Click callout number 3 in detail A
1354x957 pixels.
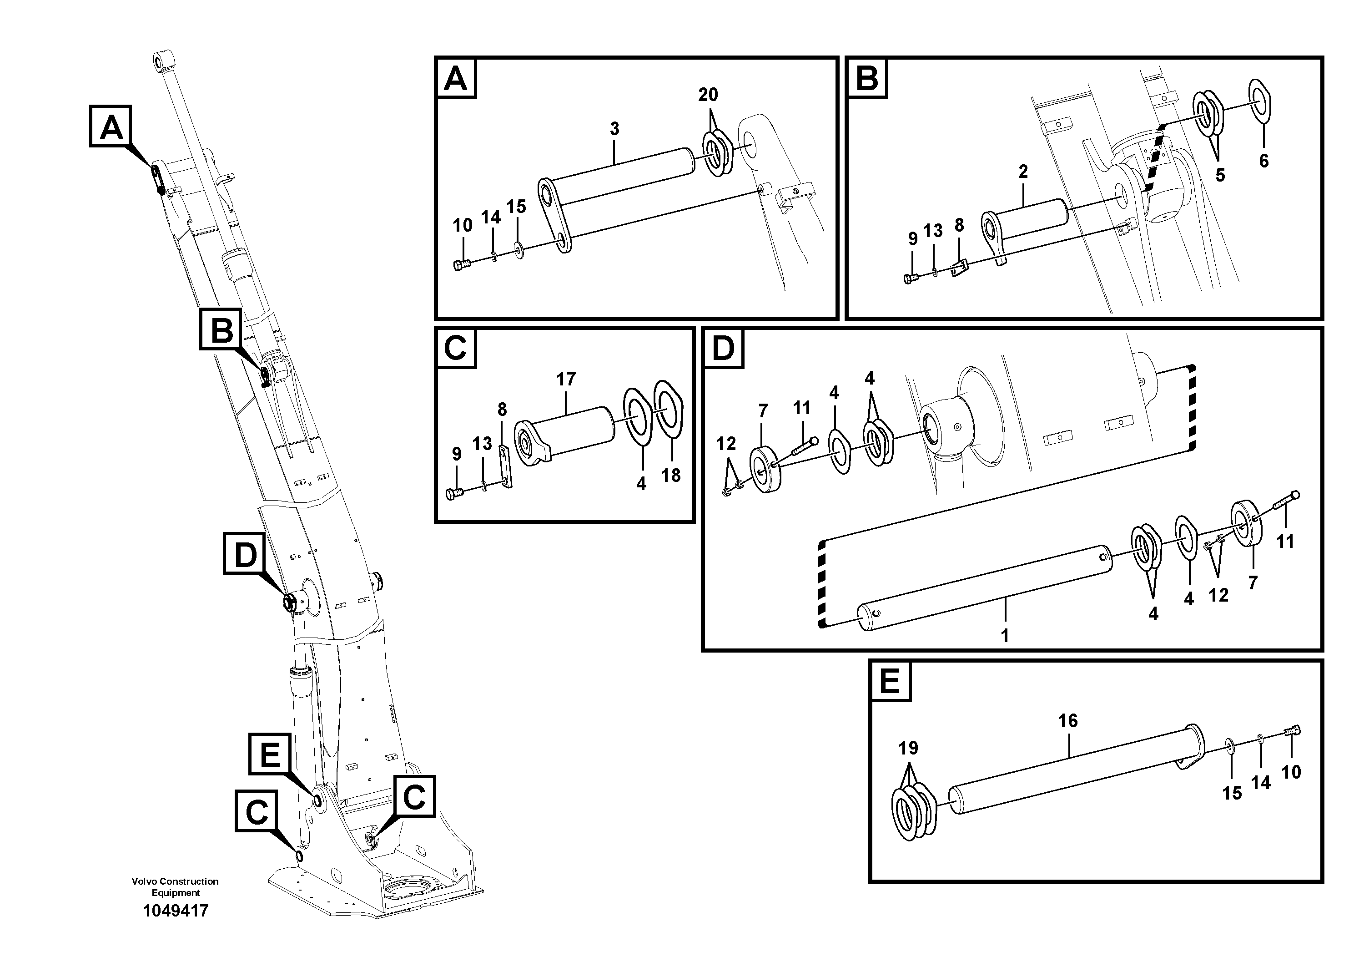tap(614, 129)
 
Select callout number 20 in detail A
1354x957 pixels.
tap(708, 94)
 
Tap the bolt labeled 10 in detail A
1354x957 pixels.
tap(462, 265)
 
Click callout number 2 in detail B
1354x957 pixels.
tap(1023, 172)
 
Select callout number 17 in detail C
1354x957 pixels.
tap(565, 379)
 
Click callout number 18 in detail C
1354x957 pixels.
tap(670, 475)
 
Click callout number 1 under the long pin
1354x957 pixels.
tap(1004, 635)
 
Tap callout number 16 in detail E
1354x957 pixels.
tap(1067, 720)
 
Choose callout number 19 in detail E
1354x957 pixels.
tap(908, 748)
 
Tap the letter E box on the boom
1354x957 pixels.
tap(270, 754)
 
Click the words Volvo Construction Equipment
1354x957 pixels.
tap(175, 887)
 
